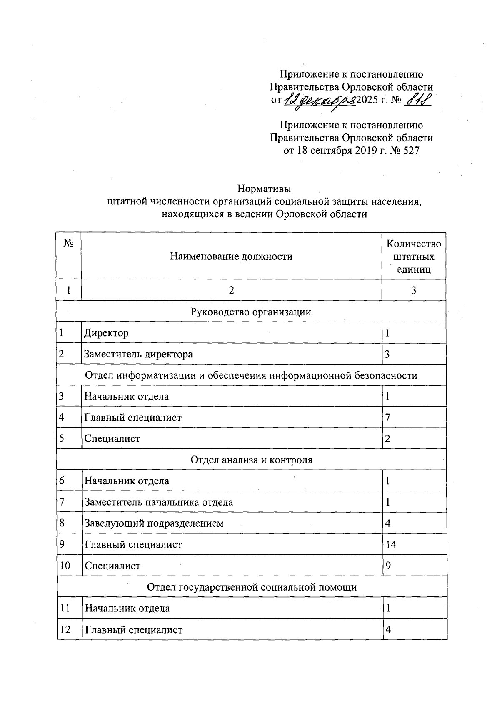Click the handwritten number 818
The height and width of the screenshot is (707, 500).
[x=418, y=101]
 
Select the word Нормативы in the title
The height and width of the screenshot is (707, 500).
[x=264, y=189]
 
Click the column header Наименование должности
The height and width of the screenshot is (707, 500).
[x=231, y=256]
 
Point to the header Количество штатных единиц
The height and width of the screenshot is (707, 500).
[x=413, y=256]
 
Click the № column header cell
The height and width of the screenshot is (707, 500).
[x=69, y=244]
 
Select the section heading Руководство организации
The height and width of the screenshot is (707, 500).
[x=251, y=312]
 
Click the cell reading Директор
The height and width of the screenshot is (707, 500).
[x=107, y=333]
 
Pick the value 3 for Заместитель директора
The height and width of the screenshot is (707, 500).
[x=387, y=354]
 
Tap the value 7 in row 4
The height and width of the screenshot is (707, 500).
[x=387, y=417]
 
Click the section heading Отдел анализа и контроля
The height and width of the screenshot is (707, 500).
[x=251, y=460]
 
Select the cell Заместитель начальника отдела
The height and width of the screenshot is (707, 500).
[x=159, y=502]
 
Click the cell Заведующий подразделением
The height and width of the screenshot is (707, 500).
[x=154, y=523]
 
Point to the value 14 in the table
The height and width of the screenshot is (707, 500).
[x=390, y=544]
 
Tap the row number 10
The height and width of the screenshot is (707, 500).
[x=65, y=566]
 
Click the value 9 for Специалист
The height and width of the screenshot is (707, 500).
[x=388, y=566]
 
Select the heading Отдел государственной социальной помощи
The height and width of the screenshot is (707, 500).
[x=252, y=587]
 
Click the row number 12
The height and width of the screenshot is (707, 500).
[x=65, y=629]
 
